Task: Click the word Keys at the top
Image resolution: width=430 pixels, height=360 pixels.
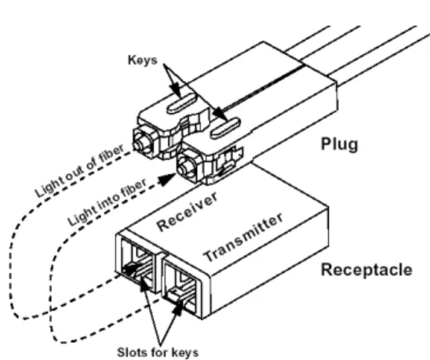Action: click(143, 60)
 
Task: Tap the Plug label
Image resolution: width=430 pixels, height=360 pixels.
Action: click(340, 144)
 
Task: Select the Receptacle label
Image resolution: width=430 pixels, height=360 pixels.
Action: click(366, 270)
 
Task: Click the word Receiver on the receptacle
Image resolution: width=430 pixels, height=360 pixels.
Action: click(188, 212)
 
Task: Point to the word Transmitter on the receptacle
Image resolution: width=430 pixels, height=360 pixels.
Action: click(243, 238)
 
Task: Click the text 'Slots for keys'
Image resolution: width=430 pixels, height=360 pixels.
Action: click(158, 352)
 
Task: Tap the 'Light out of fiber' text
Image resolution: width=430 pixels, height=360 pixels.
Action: click(79, 170)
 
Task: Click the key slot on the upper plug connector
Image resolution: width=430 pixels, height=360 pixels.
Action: click(181, 104)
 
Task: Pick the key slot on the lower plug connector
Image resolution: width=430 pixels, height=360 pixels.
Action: click(225, 128)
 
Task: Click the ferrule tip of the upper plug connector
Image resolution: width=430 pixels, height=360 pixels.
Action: click(139, 143)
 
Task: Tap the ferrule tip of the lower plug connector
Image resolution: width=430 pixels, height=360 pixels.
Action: click(183, 168)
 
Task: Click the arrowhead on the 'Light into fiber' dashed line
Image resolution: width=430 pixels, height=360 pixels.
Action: click(168, 180)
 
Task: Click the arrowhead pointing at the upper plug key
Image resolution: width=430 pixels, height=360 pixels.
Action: click(176, 90)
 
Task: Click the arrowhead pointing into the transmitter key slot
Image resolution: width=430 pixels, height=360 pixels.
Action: click(179, 307)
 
